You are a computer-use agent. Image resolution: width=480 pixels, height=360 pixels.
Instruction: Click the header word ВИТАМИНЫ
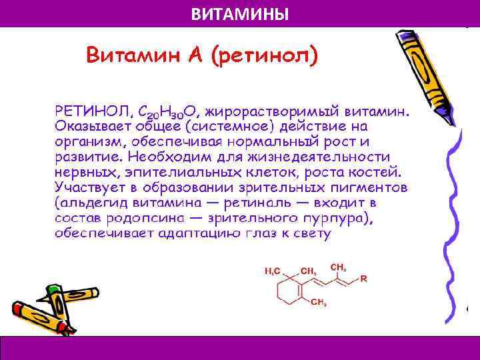pos(240,13)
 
